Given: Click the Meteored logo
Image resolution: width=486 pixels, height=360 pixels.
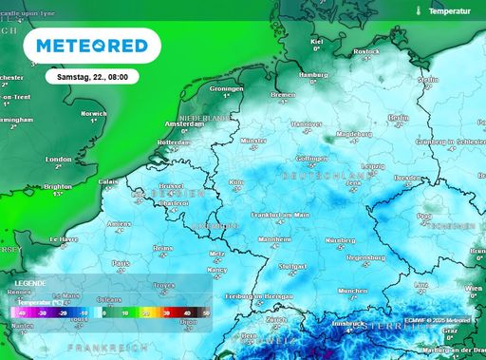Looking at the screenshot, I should [92, 46].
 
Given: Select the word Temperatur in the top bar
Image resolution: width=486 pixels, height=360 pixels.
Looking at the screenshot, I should [449, 11].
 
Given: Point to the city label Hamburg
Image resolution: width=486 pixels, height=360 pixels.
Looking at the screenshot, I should [312, 74].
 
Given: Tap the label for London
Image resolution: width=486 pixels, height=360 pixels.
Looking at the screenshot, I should [59, 159].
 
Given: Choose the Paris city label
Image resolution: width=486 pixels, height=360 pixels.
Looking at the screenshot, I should [121, 262].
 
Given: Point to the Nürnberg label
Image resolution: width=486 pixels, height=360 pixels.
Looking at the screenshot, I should [340, 240].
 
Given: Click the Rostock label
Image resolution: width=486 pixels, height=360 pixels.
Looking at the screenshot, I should [366, 51].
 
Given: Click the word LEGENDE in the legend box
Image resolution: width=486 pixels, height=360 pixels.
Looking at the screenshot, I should [30, 283].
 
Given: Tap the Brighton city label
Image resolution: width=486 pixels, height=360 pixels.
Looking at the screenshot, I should [57, 188].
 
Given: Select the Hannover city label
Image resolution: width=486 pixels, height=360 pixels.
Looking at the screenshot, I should [306, 123].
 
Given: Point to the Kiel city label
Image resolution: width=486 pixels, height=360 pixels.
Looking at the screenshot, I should [317, 42].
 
